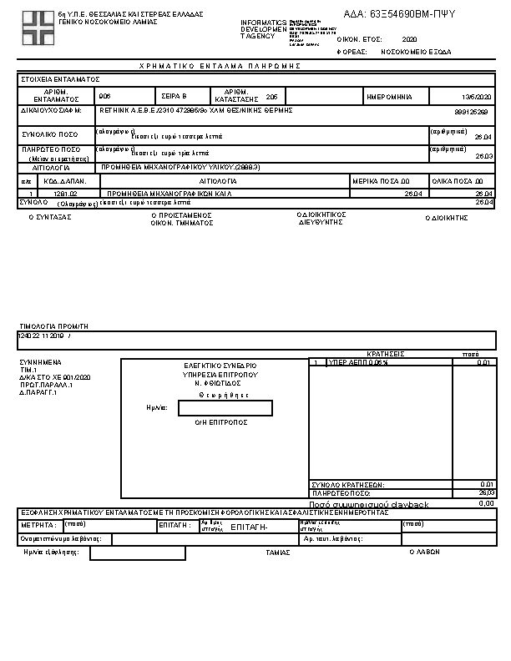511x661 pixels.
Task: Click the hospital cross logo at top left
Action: tap(37, 27)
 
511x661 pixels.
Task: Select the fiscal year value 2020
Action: tap(409, 39)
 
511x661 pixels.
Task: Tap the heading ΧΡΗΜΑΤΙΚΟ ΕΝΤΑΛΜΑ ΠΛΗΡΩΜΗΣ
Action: tap(219, 65)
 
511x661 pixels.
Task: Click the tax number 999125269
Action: tap(471, 111)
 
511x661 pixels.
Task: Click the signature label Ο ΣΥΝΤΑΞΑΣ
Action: tap(50, 216)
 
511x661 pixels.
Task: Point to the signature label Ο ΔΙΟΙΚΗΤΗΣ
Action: tap(447, 217)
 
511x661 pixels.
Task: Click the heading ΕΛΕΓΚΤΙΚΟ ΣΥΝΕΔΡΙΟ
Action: tap(220, 366)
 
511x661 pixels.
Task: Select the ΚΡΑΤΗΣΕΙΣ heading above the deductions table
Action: tap(386, 354)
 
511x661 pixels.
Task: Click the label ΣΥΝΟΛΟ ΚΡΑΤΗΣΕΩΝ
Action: tap(347, 484)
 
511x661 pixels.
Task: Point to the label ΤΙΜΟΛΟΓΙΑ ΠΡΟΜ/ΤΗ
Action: tap(53, 325)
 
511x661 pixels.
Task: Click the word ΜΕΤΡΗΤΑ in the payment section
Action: tap(38, 525)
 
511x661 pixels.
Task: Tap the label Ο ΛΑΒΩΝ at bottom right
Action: tap(425, 552)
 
